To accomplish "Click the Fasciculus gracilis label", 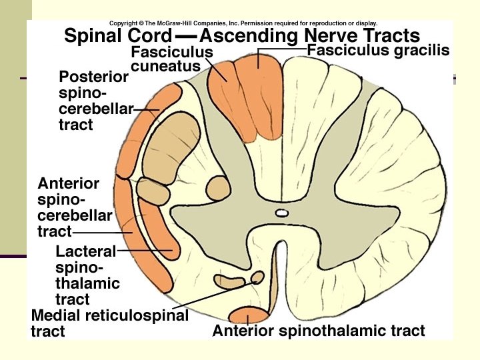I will [x=378, y=50].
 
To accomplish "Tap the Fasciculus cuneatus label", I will [x=172, y=59].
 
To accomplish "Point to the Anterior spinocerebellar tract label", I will [x=73, y=207].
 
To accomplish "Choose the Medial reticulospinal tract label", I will [x=109, y=323].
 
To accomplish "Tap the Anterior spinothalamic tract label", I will [x=318, y=331].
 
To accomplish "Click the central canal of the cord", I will [x=282, y=213].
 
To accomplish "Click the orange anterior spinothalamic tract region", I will [x=248, y=315].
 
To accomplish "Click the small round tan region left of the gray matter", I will [x=217, y=187].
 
